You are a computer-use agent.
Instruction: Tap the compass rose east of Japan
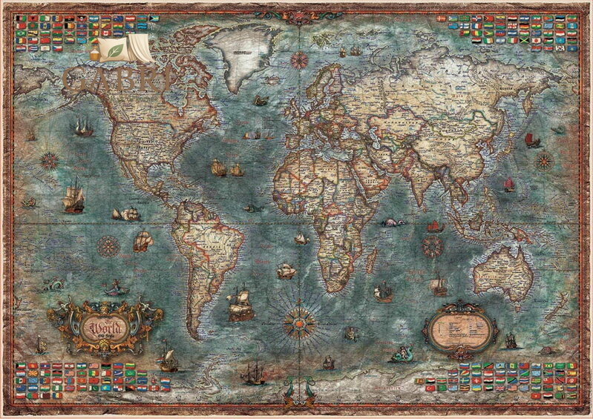[544, 159]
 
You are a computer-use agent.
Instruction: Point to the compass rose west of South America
[108, 245]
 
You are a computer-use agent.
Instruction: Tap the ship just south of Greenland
[260, 100]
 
